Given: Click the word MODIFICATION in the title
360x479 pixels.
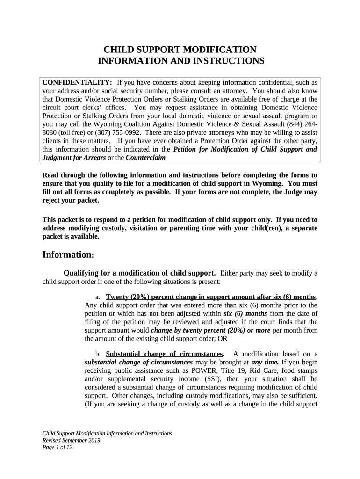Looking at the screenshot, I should tap(219, 50).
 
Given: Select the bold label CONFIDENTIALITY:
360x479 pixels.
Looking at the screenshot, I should tap(77, 82).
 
